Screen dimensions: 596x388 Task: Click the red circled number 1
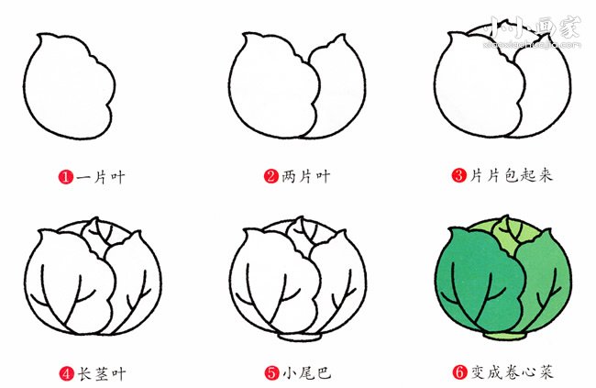click(x=65, y=177)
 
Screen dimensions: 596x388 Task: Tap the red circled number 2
click(x=271, y=176)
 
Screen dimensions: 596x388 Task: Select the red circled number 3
click(x=458, y=175)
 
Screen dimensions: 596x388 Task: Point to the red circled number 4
click(x=67, y=372)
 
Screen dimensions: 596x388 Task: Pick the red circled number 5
click(x=272, y=372)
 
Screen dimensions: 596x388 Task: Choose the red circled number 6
click(x=459, y=372)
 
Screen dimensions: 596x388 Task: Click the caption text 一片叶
click(x=101, y=177)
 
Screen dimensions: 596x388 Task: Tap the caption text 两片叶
click(x=306, y=176)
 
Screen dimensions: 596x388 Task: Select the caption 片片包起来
click(x=512, y=175)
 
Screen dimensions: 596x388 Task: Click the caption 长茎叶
click(x=102, y=373)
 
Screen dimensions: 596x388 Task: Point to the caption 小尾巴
click(x=307, y=373)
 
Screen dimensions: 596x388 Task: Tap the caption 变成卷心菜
click(x=512, y=372)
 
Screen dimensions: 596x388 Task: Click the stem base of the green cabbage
click(x=504, y=336)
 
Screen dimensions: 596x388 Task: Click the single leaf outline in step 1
click(x=24, y=85)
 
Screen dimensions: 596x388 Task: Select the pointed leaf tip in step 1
click(x=39, y=36)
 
